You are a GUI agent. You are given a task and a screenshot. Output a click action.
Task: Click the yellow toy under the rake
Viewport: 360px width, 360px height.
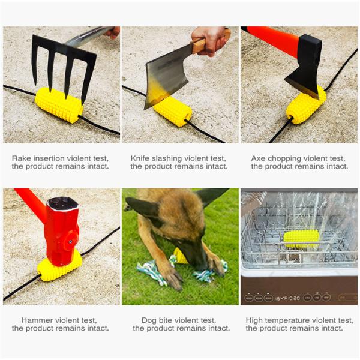[58, 105]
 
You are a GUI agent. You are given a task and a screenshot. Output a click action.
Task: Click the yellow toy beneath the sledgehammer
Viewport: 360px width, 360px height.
[59, 265]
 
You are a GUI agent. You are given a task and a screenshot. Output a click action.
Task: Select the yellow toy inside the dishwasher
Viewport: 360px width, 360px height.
[301, 238]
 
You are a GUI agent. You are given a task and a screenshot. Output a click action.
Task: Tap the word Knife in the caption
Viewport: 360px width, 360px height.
[141, 158]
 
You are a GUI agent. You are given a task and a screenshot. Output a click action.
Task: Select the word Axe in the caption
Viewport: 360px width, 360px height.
[258, 158]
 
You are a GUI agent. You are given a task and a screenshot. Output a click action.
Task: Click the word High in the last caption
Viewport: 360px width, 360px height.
[255, 320]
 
